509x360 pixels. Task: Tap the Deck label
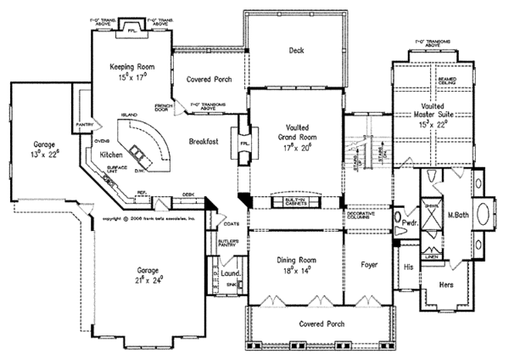[x=296, y=50]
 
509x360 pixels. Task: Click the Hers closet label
[x=445, y=285]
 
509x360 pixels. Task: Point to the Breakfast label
[x=204, y=142]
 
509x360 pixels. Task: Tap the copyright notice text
[x=148, y=218]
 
